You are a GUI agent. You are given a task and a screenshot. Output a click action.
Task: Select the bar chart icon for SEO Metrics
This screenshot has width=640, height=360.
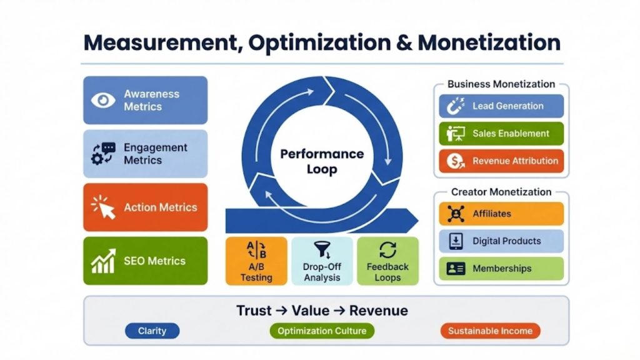pos(103,261)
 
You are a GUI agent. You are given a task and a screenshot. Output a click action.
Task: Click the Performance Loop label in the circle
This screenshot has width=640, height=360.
pos(322,161)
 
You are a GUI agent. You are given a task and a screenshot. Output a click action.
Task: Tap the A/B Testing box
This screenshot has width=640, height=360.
pos(256,261)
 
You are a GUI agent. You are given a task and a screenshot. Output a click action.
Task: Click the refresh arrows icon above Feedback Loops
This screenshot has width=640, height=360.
pos(387,250)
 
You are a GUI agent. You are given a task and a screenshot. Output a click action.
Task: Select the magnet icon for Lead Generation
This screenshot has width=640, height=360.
pos(456,106)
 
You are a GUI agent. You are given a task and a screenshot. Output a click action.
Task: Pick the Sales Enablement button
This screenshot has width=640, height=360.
pos(501,134)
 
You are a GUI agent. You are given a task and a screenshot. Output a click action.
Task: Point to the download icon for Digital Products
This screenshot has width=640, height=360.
pos(456,241)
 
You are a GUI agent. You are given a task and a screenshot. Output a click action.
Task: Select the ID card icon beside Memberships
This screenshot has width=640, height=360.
pos(456,269)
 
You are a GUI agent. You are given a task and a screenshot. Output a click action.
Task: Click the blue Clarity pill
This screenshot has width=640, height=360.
pos(152,331)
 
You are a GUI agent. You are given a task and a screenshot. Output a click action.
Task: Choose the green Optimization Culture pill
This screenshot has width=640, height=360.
pos(322,331)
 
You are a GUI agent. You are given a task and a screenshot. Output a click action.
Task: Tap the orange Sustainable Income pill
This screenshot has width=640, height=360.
pos(490,331)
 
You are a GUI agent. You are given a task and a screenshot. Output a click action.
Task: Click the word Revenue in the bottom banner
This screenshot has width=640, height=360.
pos(378,311)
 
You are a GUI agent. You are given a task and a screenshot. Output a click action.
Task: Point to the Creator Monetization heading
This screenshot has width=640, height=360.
pos(501,192)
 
